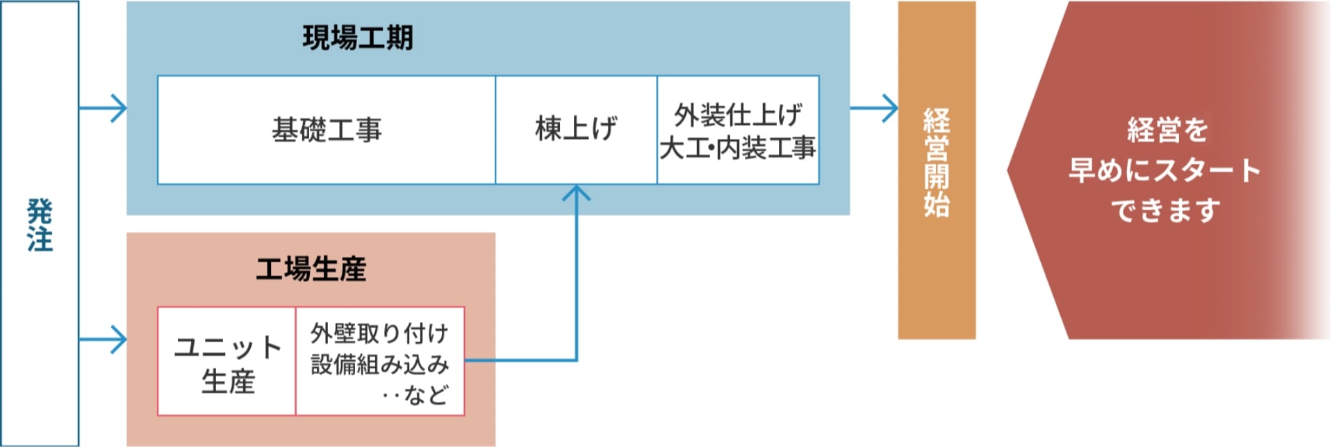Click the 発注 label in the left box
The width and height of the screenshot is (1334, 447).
pyautogui.click(x=40, y=225)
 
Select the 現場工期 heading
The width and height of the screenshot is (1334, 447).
pyautogui.click(x=358, y=38)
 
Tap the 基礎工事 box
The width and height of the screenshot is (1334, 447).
pyautogui.click(x=327, y=130)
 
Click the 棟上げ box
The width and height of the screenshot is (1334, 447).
pyautogui.click(x=576, y=130)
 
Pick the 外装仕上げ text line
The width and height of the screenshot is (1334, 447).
pyautogui.click(x=738, y=115)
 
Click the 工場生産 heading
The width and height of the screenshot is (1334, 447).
pyautogui.click(x=311, y=269)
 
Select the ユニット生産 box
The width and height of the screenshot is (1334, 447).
pyautogui.click(x=227, y=362)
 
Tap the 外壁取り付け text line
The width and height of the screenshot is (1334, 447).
pyautogui.click(x=379, y=334)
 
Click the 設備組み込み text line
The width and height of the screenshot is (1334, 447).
pyautogui.click(x=379, y=364)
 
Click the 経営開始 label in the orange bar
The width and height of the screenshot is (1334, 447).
pyautogui.click(x=937, y=163)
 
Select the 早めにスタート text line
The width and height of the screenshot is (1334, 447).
pyautogui.click(x=1165, y=171)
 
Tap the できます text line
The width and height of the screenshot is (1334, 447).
pyautogui.click(x=1165, y=210)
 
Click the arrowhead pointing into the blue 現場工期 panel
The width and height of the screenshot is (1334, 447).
pyautogui.click(x=120, y=108)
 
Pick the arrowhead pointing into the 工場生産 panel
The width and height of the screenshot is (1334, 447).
pyautogui.click(x=120, y=340)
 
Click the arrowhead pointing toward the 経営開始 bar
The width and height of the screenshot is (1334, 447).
pyautogui.click(x=891, y=108)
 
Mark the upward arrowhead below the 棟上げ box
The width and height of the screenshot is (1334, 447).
pyautogui.click(x=576, y=192)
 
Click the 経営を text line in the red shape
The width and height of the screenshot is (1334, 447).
pyautogui.click(x=1167, y=130)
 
